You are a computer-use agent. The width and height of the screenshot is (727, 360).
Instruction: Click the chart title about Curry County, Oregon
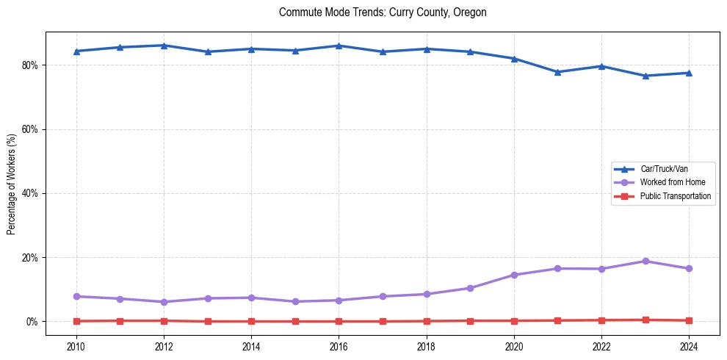click(x=383, y=12)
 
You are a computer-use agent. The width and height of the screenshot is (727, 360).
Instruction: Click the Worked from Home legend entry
click(x=672, y=182)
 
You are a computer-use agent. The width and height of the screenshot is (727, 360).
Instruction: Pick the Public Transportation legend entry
click(x=675, y=196)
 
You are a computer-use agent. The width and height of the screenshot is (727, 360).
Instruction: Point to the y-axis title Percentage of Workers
click(x=12, y=184)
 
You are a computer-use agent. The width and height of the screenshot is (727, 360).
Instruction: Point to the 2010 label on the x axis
click(x=76, y=346)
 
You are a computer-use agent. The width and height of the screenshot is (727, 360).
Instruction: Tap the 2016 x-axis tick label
click(x=339, y=346)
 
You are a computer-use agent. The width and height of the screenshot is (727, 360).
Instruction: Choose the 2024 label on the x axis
click(x=689, y=346)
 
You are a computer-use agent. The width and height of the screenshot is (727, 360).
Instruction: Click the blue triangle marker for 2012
click(x=164, y=46)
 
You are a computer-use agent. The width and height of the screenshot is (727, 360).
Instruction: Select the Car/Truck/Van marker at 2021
click(x=557, y=72)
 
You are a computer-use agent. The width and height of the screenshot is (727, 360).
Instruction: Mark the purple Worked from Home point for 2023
click(x=645, y=261)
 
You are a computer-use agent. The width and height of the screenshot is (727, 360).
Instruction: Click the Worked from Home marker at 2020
click(x=514, y=275)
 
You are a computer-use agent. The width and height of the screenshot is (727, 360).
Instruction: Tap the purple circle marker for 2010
click(x=76, y=296)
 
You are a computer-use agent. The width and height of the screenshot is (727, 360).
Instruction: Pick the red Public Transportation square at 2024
click(x=689, y=320)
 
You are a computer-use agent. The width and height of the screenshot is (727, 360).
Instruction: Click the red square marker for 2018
click(x=427, y=321)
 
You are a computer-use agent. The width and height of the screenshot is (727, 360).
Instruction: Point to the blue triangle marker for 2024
click(x=689, y=73)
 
